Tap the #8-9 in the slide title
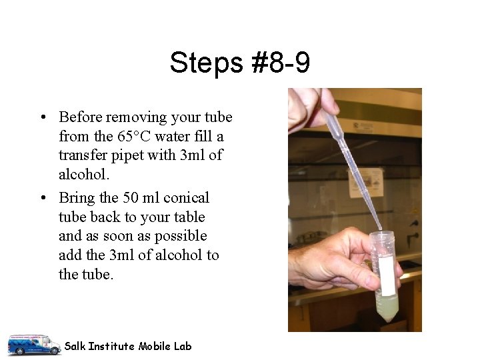point(281,63)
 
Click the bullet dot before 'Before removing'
point(42,118)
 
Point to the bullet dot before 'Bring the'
point(42,199)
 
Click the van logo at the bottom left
point(33,344)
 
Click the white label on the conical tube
point(385,275)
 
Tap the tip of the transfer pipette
point(381,231)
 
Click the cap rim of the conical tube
point(382,236)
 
